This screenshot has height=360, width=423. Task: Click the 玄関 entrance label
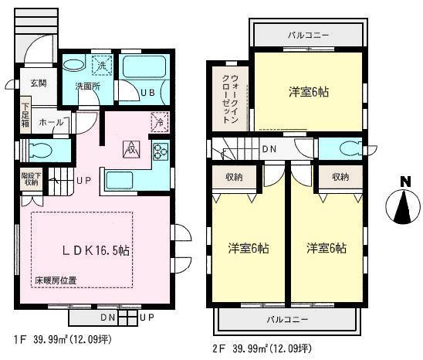[38, 83]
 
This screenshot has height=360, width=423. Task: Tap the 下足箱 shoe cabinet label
[25, 117]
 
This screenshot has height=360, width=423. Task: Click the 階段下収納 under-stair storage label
[30, 180]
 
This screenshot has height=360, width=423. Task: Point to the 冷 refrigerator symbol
[158, 121]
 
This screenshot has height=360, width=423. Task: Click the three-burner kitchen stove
[161, 150]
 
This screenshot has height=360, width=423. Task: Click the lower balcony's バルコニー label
[287, 318]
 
